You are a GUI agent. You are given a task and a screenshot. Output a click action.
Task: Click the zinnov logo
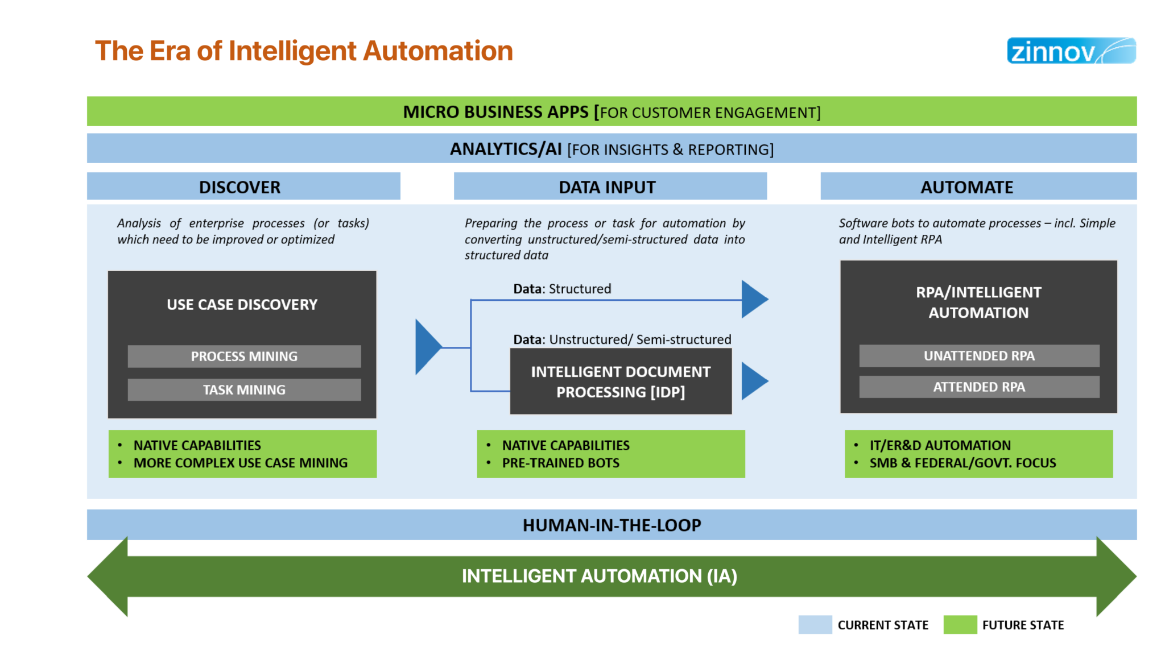coord(1071,51)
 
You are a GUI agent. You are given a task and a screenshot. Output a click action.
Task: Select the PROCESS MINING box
coord(244,356)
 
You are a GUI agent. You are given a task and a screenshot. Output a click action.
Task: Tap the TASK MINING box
coord(244,390)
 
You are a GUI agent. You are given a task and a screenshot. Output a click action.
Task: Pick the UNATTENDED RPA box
coord(979,356)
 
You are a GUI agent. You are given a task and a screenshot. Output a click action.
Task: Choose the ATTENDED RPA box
coord(979,387)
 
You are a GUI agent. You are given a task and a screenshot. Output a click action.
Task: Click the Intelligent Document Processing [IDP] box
coord(621,382)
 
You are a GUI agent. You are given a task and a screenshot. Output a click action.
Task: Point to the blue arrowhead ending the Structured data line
coord(753,299)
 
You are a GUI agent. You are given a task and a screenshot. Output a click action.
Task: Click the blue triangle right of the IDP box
coord(753,381)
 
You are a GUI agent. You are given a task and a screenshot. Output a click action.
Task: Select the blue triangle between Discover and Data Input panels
coord(427,347)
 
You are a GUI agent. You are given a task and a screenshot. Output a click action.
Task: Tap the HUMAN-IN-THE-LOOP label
coord(612,525)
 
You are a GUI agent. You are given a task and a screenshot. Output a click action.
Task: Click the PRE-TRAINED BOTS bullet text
coord(560,463)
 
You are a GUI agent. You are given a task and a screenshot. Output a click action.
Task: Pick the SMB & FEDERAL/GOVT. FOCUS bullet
coord(962,463)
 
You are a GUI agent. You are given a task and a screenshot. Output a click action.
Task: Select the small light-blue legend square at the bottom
coord(815,624)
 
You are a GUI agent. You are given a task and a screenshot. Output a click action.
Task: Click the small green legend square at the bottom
coord(960,624)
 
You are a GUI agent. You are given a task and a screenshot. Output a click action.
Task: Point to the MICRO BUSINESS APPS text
coord(496,112)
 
